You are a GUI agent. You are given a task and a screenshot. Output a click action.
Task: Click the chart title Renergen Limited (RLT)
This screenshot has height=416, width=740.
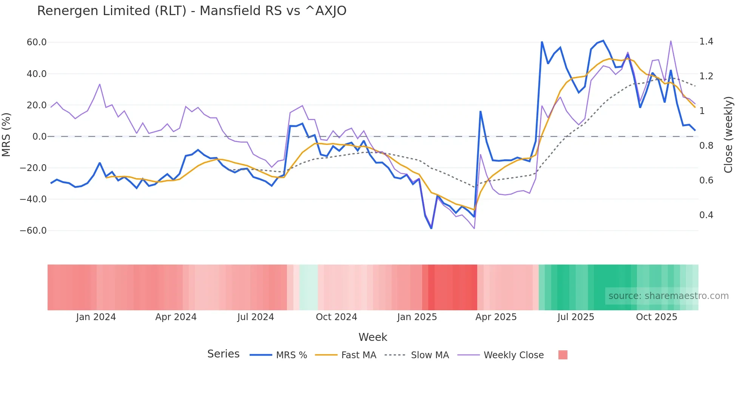coord(191,11)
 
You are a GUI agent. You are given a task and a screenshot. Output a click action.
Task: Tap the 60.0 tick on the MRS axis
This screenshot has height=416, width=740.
coord(37,42)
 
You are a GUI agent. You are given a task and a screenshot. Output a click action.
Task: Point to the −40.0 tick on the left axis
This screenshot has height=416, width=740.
coord(33,199)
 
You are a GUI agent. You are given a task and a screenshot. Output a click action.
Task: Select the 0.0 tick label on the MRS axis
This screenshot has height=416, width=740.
coord(39,137)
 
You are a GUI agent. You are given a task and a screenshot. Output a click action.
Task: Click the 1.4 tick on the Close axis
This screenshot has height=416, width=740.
coord(706,42)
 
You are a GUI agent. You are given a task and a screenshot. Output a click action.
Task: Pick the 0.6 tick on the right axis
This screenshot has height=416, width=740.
coord(706,180)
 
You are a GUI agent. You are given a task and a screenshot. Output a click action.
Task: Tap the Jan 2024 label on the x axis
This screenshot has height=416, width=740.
coord(96,317)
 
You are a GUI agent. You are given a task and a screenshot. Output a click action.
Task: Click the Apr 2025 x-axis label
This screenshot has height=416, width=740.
coord(496,317)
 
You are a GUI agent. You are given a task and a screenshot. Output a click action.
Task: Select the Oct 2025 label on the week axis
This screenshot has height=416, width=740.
coord(657,317)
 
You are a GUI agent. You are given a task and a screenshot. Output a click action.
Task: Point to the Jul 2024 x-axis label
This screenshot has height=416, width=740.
coord(256,317)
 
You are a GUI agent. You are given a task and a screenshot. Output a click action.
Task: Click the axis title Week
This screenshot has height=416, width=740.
coord(373,337)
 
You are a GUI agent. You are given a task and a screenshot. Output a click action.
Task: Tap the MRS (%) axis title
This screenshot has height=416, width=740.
coord(6,134)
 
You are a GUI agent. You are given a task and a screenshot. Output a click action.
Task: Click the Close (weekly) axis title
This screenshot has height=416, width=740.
coord(728,135)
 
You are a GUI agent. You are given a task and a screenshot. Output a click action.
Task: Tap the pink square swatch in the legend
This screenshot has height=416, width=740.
coord(563,355)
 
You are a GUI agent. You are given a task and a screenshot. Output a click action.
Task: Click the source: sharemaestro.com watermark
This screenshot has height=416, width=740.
coord(668,296)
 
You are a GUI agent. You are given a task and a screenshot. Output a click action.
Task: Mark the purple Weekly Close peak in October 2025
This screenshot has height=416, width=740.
coord(671,41)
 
